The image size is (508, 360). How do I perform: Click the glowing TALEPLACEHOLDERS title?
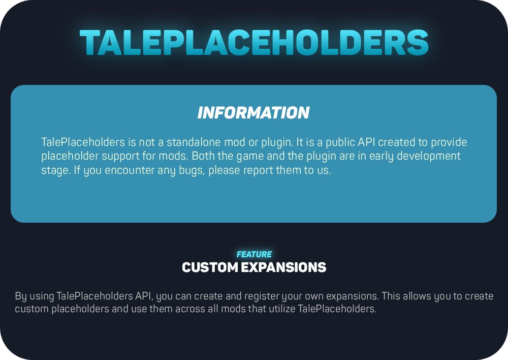click(x=254, y=43)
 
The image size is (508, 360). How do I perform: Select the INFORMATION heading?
click(x=253, y=113)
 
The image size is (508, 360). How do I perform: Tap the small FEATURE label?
click(x=254, y=254)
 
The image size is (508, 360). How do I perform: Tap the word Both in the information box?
click(x=203, y=156)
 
